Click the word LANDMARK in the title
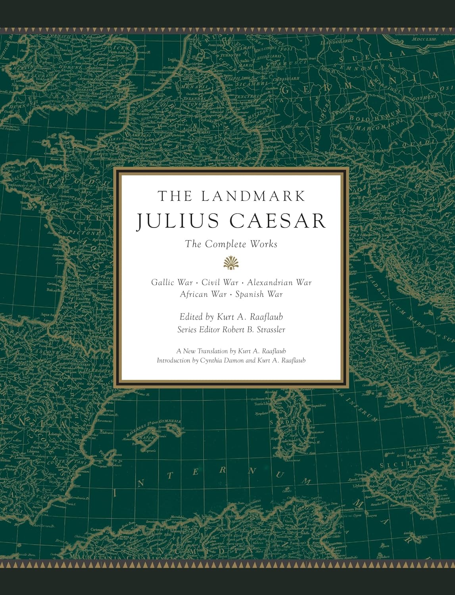253,196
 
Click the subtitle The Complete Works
231,244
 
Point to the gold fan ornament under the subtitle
231,263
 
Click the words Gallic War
172,282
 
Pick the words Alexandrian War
279,282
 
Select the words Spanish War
259,294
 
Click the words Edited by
197,317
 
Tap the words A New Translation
202,351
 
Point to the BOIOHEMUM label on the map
375,117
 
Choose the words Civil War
220,282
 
